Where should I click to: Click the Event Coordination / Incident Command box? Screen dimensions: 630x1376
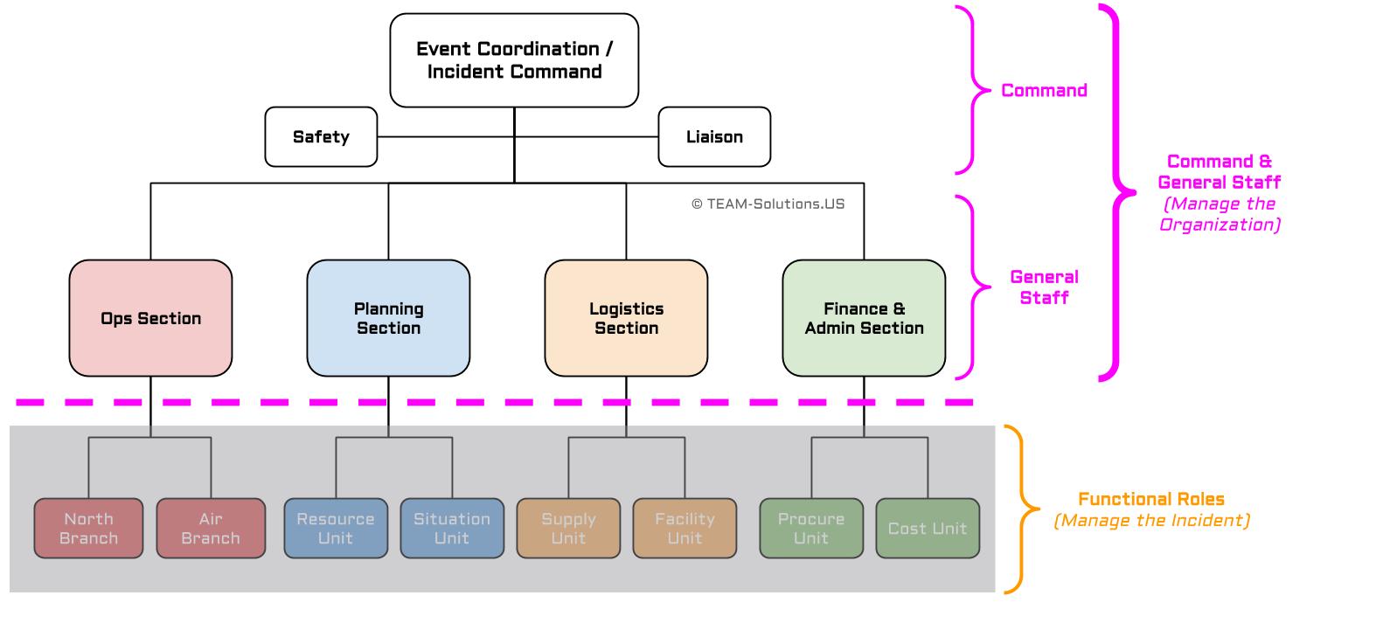coord(514,60)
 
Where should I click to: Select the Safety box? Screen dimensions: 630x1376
coord(321,137)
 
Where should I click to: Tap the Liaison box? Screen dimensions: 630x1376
coord(714,137)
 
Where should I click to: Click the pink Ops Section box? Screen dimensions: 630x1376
coord(150,318)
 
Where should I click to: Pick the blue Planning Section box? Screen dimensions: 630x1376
coord(388,318)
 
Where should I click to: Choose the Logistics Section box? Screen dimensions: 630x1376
coord(626,318)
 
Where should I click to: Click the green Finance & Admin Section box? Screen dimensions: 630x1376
coord(864,318)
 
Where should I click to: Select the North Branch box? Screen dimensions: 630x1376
coord(88,528)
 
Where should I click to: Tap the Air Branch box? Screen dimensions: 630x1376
coord(211,528)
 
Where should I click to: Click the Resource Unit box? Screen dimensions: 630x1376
coord(336,528)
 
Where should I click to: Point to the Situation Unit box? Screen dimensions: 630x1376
coord(452,528)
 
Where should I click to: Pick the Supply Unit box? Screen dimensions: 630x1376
coord(568,528)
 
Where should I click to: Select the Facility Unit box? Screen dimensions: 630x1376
coord(685,528)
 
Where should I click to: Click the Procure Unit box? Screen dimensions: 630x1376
coord(811,528)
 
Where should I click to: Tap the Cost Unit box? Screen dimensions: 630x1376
coord(928,528)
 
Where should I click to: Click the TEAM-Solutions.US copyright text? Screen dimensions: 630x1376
coord(768,204)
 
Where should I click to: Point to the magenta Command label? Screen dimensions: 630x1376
coord(1044,90)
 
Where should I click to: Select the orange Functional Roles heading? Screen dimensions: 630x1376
coord(1150,499)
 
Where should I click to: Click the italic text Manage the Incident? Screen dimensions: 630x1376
coord(1151,521)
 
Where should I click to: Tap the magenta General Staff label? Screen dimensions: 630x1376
coord(1044,287)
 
